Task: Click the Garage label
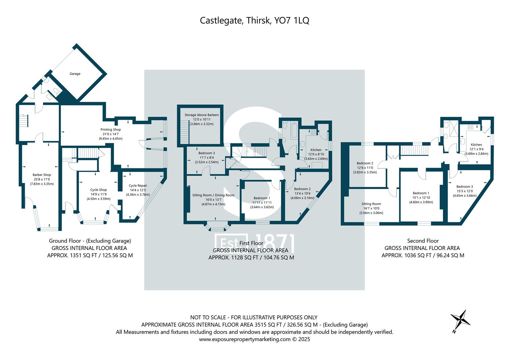75,74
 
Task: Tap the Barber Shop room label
42,175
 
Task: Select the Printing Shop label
111,129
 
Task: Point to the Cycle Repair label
138,186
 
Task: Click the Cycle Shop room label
98,190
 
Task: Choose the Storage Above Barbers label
202,115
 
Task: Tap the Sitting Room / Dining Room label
213,195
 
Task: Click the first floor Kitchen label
316,150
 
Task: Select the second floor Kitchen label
476,145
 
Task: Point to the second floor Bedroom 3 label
465,187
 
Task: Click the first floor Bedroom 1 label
262,198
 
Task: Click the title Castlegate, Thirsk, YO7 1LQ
254,20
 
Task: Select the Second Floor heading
423,241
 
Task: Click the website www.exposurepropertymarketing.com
245,339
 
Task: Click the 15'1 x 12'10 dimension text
421,197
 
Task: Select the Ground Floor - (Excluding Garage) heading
90,241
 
